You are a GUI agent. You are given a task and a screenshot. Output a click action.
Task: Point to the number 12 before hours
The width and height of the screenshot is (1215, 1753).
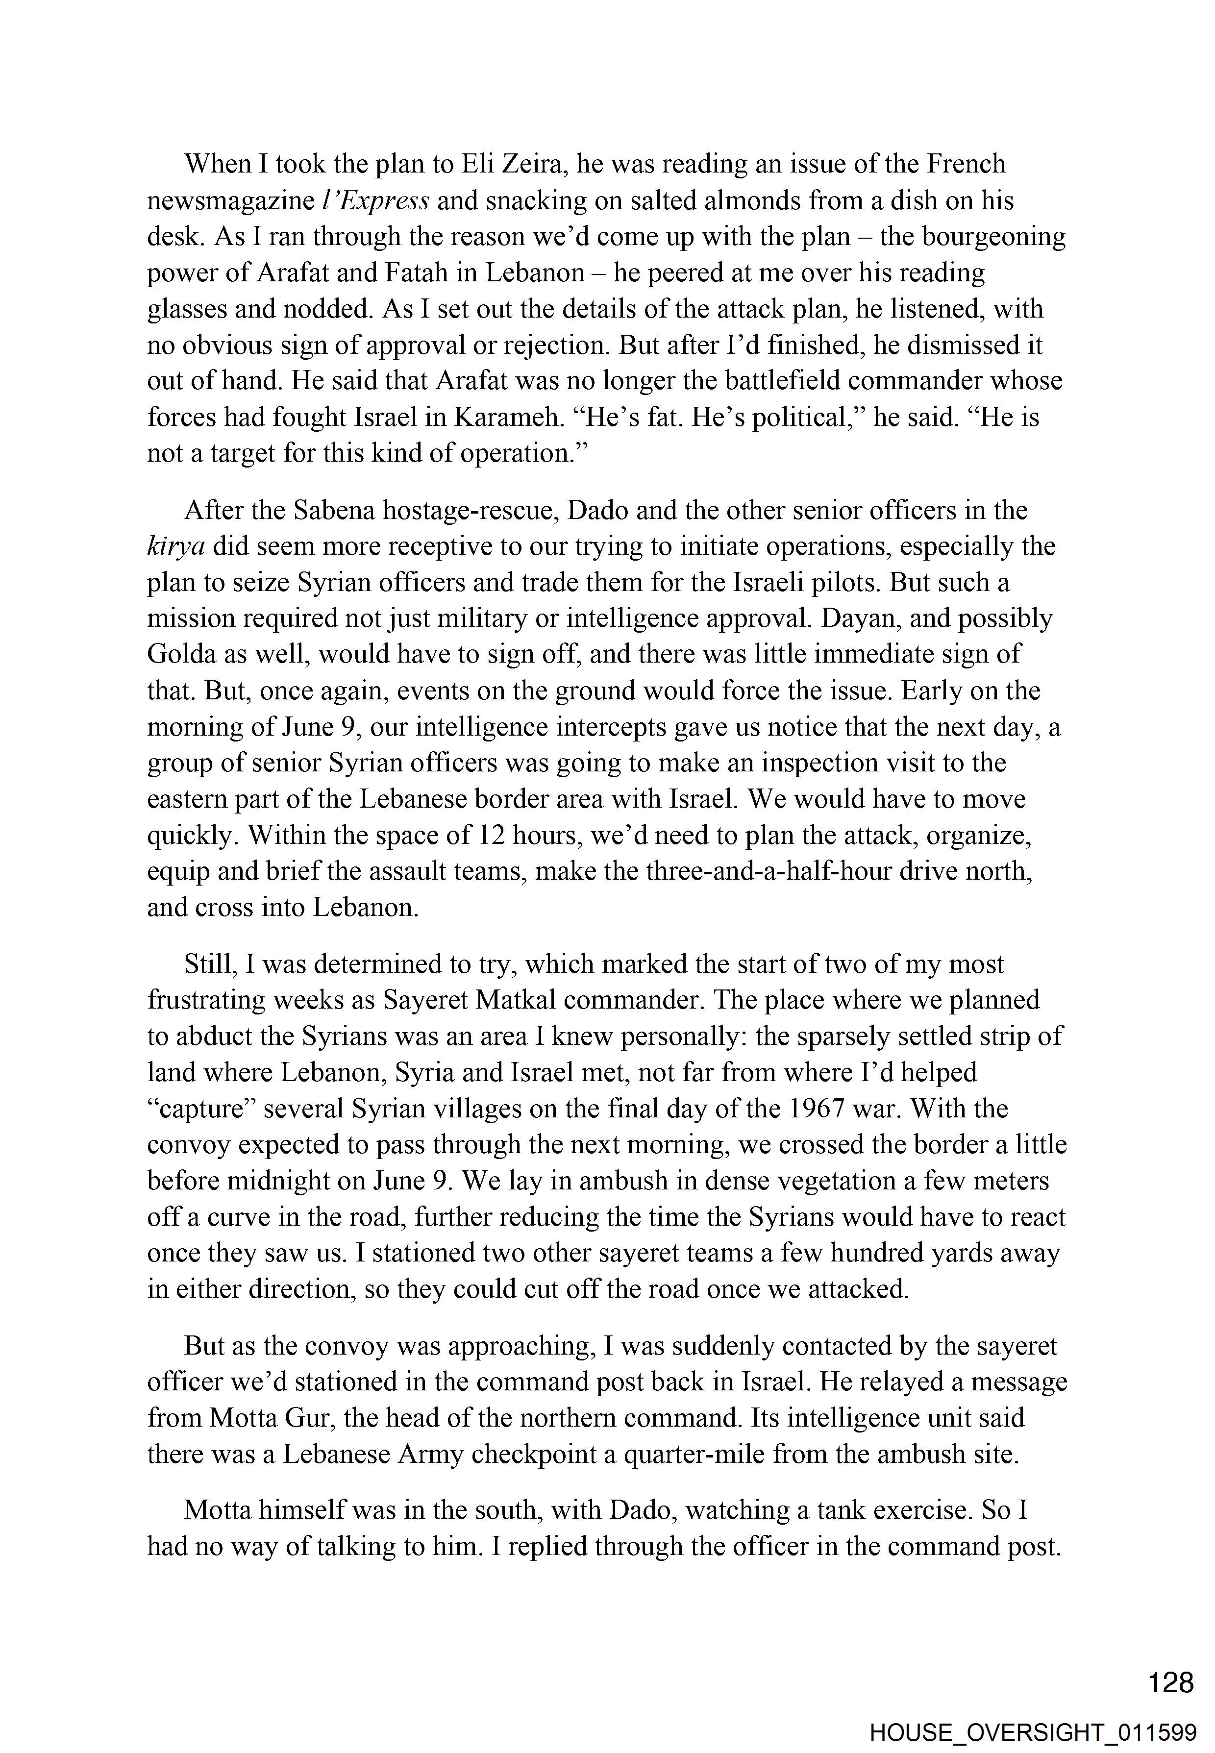490,836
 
